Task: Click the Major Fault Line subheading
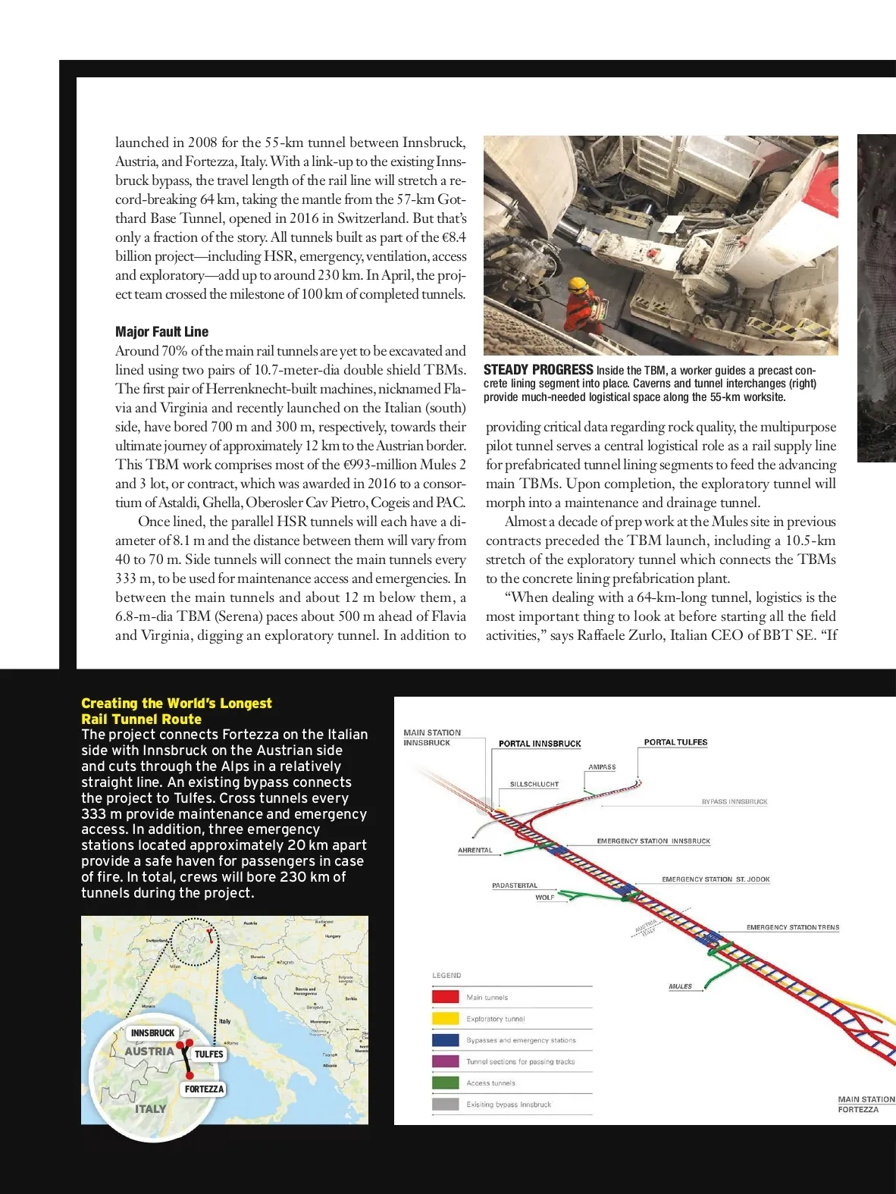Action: (x=161, y=331)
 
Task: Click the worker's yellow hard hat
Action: (x=579, y=284)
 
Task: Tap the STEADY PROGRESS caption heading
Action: (x=538, y=370)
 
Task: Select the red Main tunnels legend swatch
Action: (x=445, y=997)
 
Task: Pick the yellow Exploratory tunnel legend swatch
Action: (x=445, y=1018)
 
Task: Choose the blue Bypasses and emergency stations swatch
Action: (x=445, y=1040)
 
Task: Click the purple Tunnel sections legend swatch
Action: (x=445, y=1061)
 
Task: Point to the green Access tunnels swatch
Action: (x=445, y=1083)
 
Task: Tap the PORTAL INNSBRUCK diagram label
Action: (x=540, y=744)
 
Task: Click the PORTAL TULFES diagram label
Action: (x=675, y=742)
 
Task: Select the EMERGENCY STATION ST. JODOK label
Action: (x=716, y=879)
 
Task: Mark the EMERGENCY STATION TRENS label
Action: (x=792, y=927)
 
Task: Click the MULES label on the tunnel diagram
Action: (x=680, y=986)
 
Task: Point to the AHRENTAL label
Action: (x=475, y=850)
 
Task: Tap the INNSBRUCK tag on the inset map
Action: (x=152, y=1033)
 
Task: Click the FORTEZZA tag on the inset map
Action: (x=204, y=1089)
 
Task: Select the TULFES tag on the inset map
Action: (x=208, y=1054)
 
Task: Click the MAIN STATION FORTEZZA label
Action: (x=866, y=1104)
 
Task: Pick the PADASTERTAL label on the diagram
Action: (x=515, y=885)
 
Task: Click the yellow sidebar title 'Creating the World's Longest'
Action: (x=176, y=704)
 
